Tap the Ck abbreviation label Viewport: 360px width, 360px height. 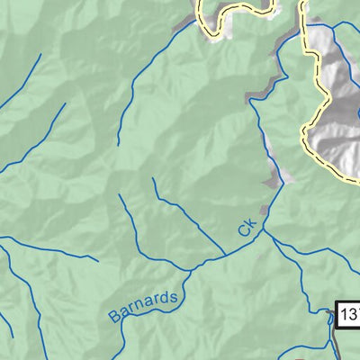249,227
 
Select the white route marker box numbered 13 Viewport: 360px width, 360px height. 349,314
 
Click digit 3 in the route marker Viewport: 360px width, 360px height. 355,314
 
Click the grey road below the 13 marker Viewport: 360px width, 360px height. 338,346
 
